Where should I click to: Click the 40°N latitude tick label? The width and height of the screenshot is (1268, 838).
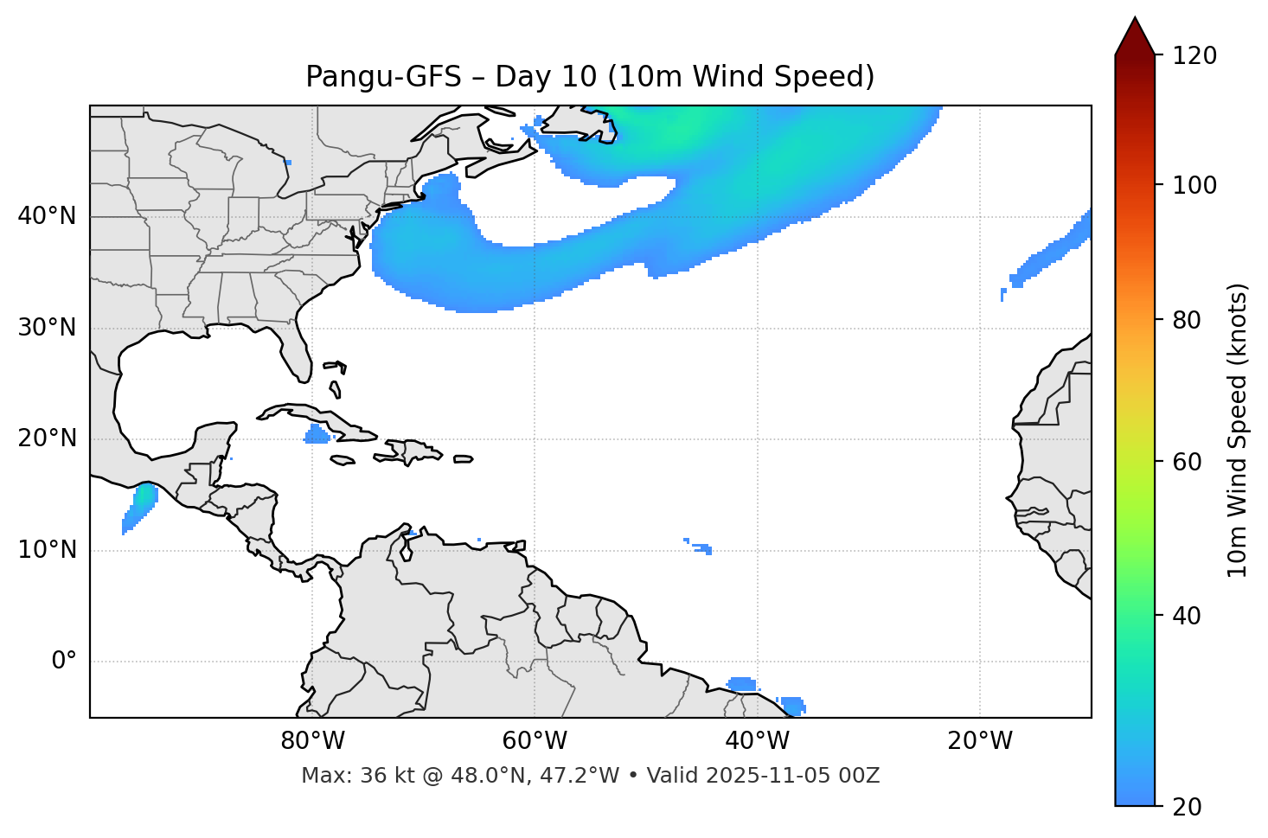coord(47,216)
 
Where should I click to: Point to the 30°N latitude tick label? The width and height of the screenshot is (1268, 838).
coord(47,328)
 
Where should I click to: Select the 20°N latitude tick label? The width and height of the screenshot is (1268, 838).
coord(47,438)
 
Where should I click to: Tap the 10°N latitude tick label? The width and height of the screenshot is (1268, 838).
coord(47,550)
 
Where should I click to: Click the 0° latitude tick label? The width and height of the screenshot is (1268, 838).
coord(64,662)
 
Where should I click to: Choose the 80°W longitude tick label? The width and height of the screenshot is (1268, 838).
coord(312,741)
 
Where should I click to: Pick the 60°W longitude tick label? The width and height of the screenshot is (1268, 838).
coord(535,741)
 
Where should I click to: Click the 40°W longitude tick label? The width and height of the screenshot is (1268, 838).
coord(757,741)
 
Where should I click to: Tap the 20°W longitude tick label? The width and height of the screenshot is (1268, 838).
coord(979,741)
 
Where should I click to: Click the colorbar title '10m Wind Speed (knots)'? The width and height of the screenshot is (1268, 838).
coord(1238,430)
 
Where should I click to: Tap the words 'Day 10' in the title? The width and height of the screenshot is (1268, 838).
coord(545,77)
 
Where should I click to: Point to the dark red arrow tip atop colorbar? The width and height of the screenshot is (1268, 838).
coord(1135,35)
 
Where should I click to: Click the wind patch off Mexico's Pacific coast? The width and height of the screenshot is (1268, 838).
coord(138,507)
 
